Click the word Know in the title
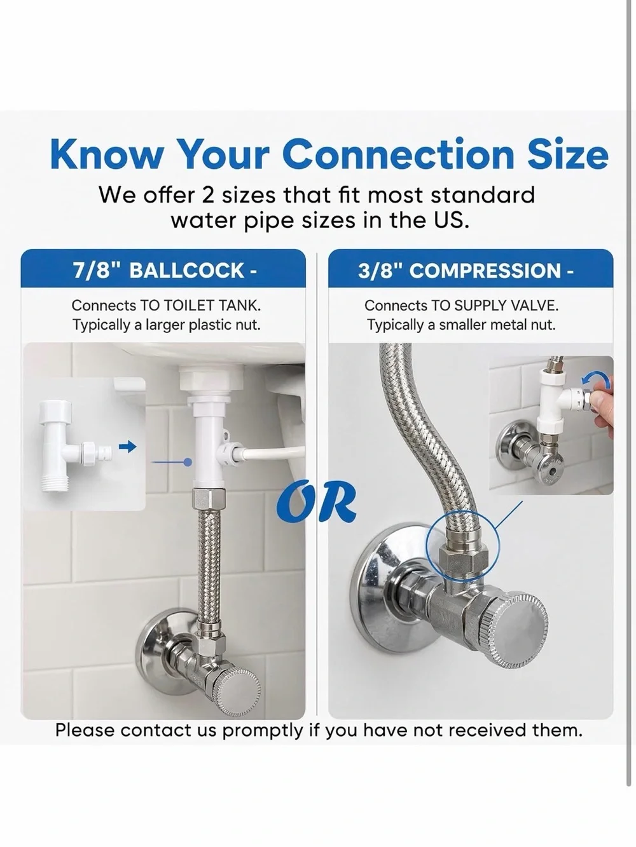106,154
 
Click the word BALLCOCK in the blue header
186,270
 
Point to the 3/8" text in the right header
380,270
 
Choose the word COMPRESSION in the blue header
485,270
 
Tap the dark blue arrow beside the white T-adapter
127,447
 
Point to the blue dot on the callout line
188,462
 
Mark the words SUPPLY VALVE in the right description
505,306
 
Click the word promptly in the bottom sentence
262,731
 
